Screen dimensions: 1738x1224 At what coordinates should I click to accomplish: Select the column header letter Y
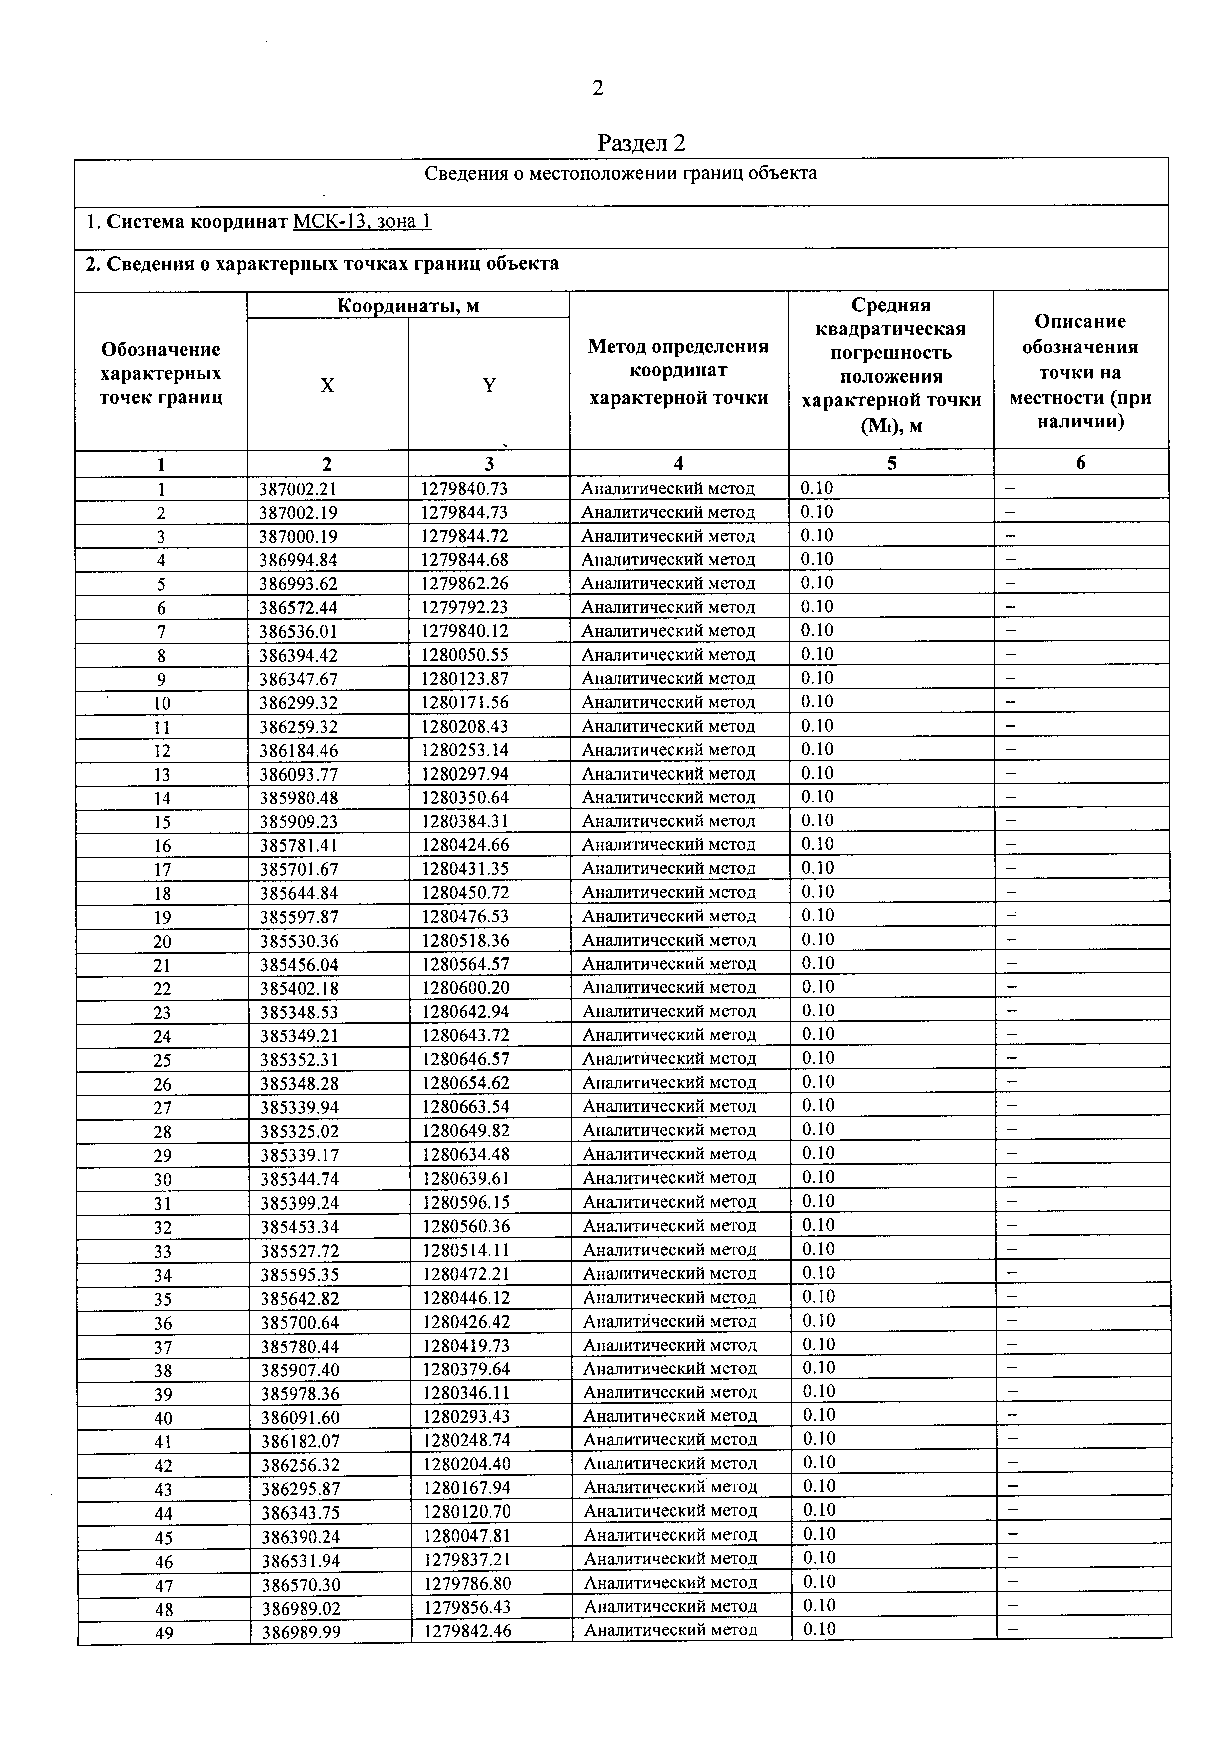point(489,385)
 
